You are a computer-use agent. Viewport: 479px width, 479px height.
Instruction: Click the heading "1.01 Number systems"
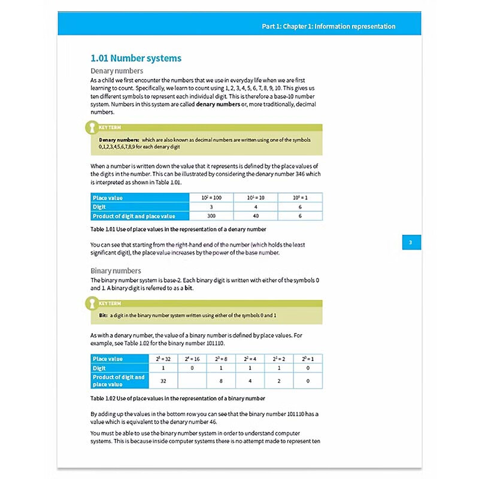[136, 58]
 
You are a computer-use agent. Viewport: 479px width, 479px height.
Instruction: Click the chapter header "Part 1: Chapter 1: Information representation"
[329, 26]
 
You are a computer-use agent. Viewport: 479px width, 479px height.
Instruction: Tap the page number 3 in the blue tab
[411, 242]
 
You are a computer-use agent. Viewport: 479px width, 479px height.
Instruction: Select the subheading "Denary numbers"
[117, 71]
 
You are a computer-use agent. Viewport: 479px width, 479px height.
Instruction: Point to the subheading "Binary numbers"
[116, 271]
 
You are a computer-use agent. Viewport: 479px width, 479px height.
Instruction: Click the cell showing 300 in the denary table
[211, 216]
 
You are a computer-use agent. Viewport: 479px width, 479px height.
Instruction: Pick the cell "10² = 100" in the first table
[211, 197]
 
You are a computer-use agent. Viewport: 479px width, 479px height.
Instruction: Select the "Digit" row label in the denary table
[100, 207]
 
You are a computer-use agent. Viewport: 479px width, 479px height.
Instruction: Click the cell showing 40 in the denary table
[256, 216]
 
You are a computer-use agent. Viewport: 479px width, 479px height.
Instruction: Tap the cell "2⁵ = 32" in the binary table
[163, 359]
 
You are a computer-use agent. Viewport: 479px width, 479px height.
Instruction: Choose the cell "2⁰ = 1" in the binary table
[308, 359]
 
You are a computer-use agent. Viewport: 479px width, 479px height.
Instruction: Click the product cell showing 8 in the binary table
[221, 380]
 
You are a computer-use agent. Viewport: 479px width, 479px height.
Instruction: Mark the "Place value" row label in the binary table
[108, 359]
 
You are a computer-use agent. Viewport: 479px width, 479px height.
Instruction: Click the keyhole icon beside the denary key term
[91, 128]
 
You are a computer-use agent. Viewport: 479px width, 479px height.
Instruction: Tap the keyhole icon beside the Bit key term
[91, 304]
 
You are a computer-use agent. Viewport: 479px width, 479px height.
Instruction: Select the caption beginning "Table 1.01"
[178, 229]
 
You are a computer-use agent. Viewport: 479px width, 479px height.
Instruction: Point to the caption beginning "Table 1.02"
[177, 398]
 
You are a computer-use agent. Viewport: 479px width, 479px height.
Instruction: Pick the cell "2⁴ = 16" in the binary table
[192, 359]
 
